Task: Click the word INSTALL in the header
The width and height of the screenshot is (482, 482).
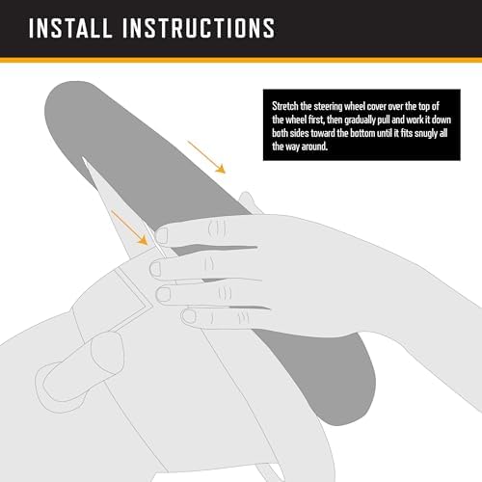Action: pyautogui.click(x=70, y=28)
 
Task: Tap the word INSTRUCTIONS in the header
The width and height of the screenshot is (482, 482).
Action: pyautogui.click(x=199, y=28)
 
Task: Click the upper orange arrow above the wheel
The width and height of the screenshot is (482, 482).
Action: pyautogui.click(x=206, y=157)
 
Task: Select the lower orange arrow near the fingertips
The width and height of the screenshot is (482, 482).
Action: pyautogui.click(x=129, y=228)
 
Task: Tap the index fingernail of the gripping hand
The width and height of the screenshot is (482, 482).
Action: pyautogui.click(x=162, y=235)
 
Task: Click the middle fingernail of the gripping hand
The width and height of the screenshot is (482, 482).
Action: pyautogui.click(x=155, y=269)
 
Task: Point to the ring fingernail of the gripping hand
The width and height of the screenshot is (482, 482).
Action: pyautogui.click(x=164, y=294)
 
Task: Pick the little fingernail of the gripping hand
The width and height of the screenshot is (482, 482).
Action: pyautogui.click(x=189, y=317)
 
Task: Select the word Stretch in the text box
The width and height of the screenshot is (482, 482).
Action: pyautogui.click(x=285, y=106)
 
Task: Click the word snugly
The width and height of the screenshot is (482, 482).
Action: pyautogui.click(x=426, y=134)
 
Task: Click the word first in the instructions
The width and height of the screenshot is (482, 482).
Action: pyautogui.click(x=316, y=120)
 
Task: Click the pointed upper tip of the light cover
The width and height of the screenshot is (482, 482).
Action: pyautogui.click(x=83, y=157)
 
